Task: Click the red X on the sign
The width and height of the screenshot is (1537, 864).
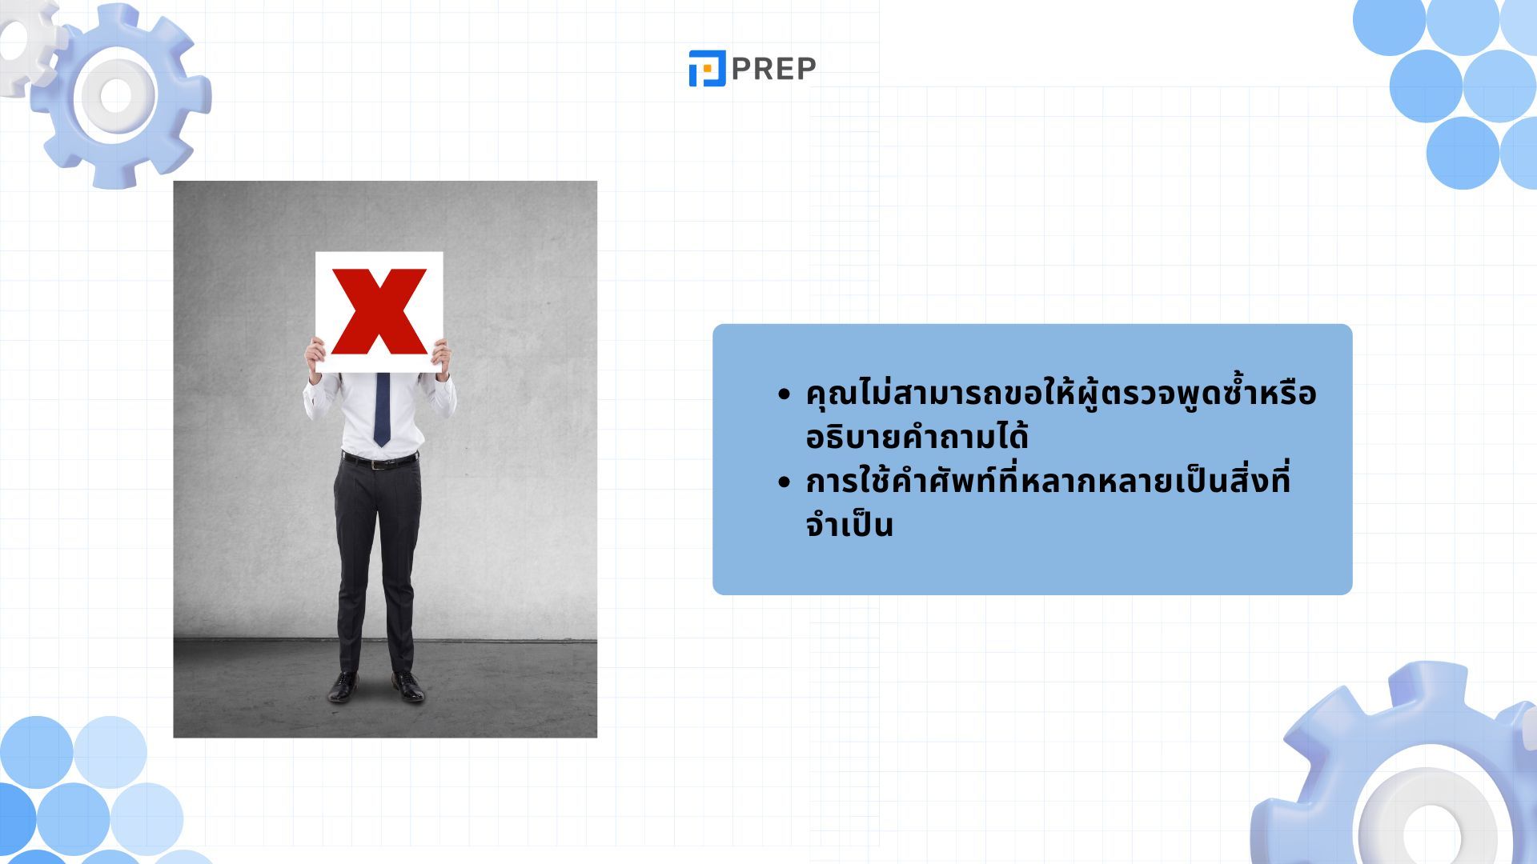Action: point(379,311)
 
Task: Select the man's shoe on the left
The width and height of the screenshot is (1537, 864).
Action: point(343,686)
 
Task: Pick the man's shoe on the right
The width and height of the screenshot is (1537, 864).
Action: point(408,686)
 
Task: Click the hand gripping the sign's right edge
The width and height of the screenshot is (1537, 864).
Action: point(442,356)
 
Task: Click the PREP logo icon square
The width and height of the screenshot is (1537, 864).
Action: point(707,68)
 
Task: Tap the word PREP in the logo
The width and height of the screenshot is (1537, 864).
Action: point(773,69)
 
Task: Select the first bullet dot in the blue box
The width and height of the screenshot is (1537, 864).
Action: point(784,395)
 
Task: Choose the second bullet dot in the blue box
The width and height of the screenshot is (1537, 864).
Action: point(784,483)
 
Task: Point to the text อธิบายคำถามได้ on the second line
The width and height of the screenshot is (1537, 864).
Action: point(917,436)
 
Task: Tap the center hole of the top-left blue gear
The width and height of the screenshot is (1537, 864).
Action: point(116,95)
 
